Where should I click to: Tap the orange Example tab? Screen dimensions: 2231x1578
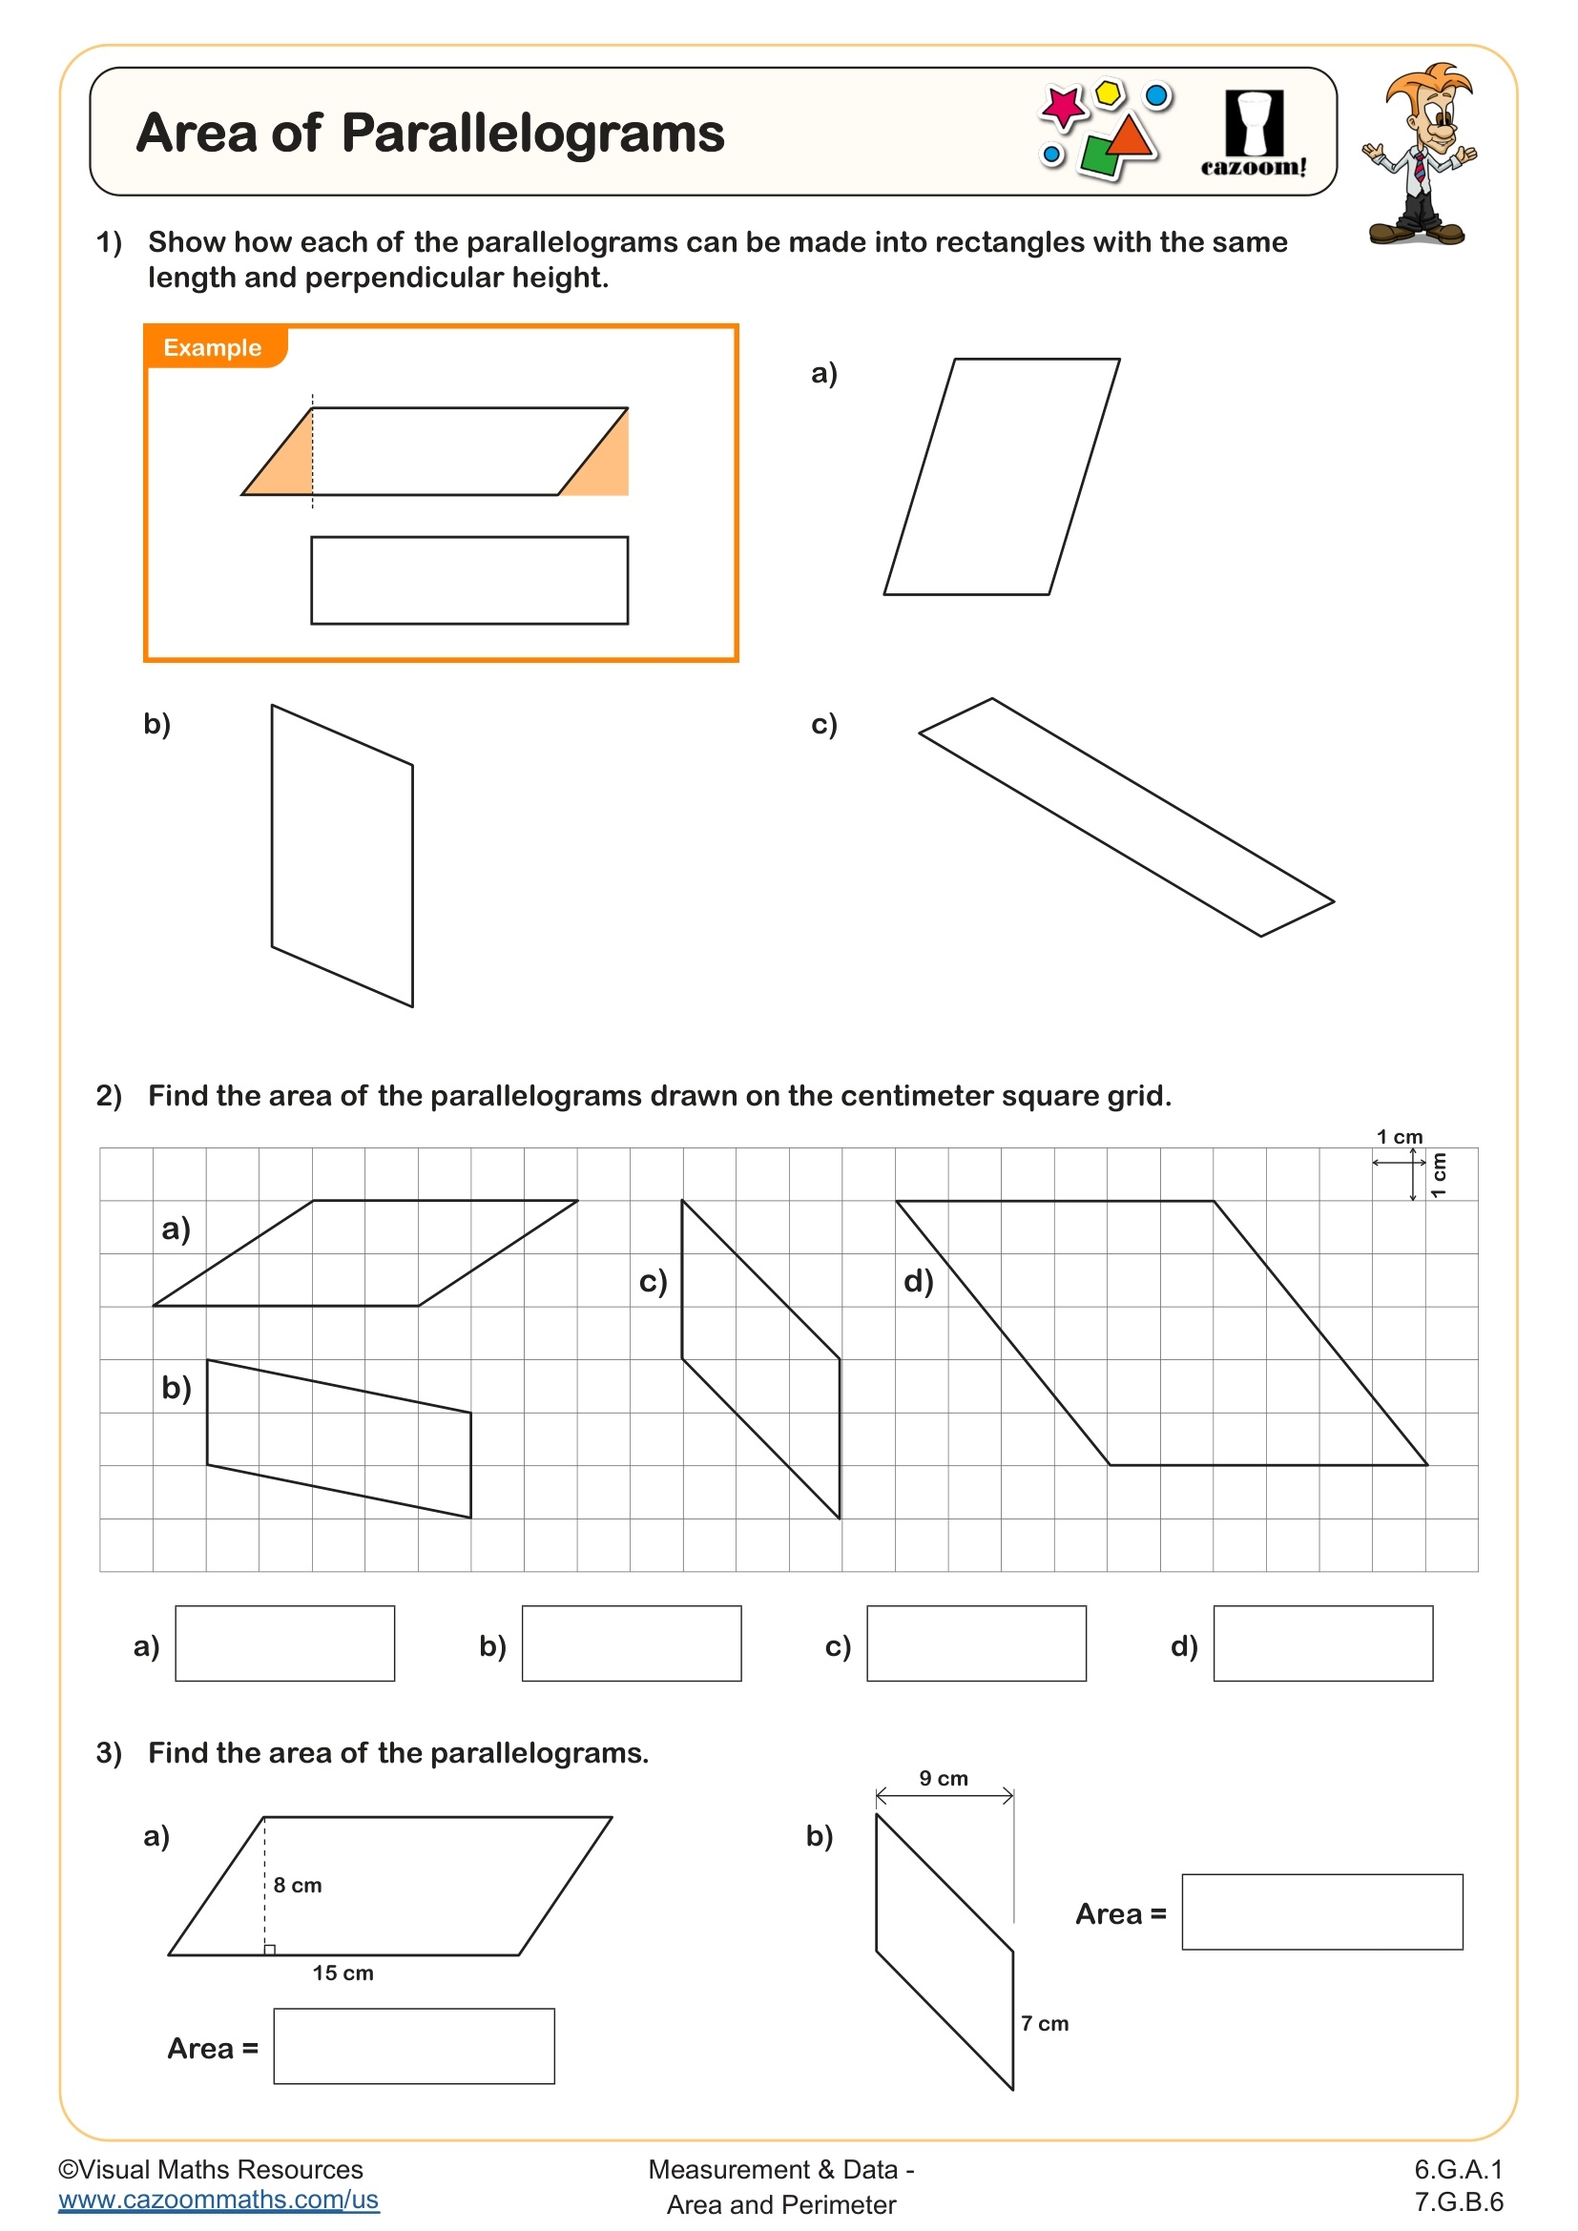coord(214,348)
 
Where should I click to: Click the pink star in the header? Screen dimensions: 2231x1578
coord(1062,105)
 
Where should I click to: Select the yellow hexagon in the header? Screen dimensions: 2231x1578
coord(1109,93)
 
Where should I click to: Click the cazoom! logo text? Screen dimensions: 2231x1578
coord(1254,167)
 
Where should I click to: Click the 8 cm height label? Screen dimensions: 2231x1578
coord(298,1885)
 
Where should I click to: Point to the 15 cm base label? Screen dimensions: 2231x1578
coord(343,1973)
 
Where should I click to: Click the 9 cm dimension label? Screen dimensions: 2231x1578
coord(944,1778)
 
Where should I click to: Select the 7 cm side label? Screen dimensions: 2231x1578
coord(1045,2023)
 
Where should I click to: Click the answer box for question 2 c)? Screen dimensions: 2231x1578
coord(976,1643)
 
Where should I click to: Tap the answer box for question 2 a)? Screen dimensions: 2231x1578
coord(284,1643)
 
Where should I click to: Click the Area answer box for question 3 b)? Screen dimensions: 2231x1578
coord(1321,1911)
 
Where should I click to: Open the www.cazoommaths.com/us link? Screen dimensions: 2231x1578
coord(218,2199)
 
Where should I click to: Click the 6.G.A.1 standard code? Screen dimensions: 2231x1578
coord(1458,2169)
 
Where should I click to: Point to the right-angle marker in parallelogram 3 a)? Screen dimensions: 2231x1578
coord(270,1950)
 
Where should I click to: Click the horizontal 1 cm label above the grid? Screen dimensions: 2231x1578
coord(1400,1137)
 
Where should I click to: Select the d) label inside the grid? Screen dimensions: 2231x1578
coord(918,1281)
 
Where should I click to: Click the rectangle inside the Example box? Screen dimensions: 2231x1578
coord(469,580)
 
